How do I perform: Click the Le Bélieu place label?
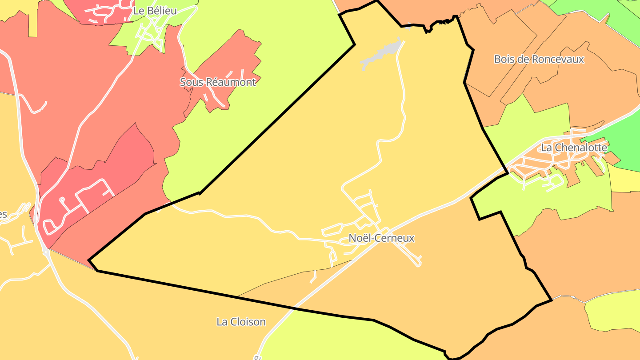coord(155,11)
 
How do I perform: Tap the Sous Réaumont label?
coord(218,82)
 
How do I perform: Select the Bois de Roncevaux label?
coord(539,59)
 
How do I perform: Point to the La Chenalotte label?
coord(573,147)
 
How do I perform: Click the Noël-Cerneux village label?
coord(381,238)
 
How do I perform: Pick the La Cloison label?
coord(241,321)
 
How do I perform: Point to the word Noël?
coord(359,238)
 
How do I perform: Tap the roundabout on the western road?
coord(46,252)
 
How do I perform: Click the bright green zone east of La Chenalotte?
coord(622,142)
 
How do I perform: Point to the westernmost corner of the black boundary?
coord(89,260)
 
